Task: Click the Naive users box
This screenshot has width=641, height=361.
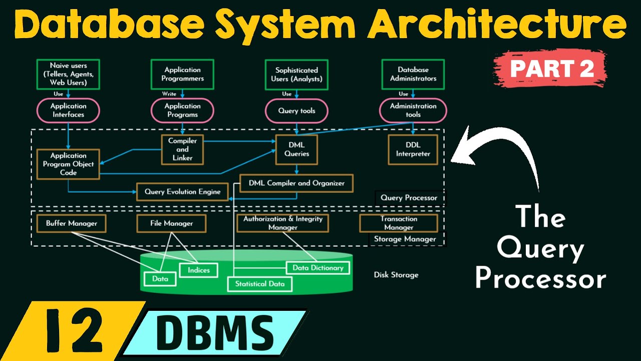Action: pyautogui.click(x=68, y=74)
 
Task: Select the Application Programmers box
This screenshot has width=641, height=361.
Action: pyautogui.click(x=182, y=74)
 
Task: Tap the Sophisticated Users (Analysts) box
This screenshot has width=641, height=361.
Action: pyautogui.click(x=296, y=74)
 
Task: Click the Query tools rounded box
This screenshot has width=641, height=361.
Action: pyautogui.click(x=296, y=110)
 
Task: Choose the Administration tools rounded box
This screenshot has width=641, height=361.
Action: pyautogui.click(x=413, y=110)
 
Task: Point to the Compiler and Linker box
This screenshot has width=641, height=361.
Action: pyautogui.click(x=182, y=149)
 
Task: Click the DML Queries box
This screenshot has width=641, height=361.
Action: pyautogui.click(x=296, y=149)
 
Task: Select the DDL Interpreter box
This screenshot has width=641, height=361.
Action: pyautogui.click(x=413, y=149)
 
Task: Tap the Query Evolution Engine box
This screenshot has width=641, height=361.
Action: pyautogui.click(x=182, y=192)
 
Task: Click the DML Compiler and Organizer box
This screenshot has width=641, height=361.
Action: pyautogui.click(x=296, y=183)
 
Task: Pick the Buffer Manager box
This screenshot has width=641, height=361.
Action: pyautogui.click(x=71, y=224)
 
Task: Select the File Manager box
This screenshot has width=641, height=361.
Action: pyautogui.click(x=171, y=224)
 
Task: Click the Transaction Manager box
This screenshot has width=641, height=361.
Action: pyautogui.click(x=399, y=223)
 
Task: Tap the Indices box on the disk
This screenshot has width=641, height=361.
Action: pyautogui.click(x=199, y=270)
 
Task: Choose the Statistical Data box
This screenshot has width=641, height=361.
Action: pyautogui.click(x=259, y=284)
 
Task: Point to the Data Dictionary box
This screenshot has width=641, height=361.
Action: pyautogui.click(x=317, y=268)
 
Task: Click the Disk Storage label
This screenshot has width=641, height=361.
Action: pyautogui.click(x=396, y=275)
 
